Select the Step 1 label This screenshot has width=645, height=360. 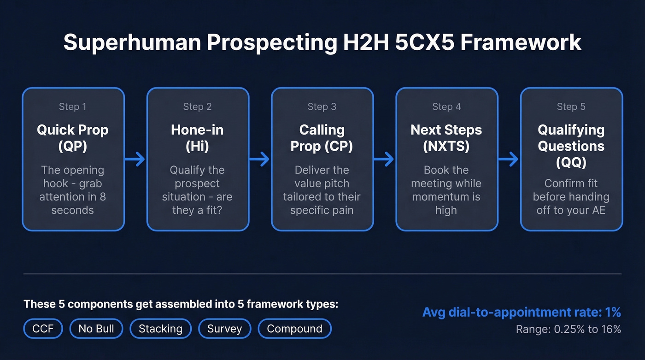point(72,107)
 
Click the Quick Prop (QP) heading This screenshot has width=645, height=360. point(73,138)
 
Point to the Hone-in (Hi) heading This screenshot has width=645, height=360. point(197,138)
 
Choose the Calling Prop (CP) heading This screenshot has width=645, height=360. point(322,138)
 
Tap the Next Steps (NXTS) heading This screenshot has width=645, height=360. point(446,138)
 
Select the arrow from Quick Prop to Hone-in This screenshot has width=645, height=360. point(135,159)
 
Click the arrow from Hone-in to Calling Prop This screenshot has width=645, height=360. point(260,159)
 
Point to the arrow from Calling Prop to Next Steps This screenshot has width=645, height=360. point(384,159)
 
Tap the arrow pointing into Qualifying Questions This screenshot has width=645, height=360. point(509,159)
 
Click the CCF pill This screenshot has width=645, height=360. point(43,329)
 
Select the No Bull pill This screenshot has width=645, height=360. point(96,329)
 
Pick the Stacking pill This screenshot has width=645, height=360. point(160,329)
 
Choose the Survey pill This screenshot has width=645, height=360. point(224,329)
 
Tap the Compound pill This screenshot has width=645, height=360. point(294,329)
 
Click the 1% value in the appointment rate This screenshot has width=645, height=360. point(612,313)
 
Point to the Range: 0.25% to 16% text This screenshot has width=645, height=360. point(568,329)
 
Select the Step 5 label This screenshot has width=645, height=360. point(571,107)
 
